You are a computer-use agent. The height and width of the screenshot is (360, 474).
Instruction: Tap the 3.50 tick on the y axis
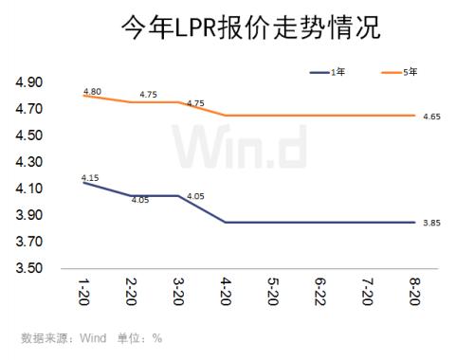[29, 269]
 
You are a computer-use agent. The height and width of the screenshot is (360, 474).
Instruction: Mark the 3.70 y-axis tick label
[29, 243]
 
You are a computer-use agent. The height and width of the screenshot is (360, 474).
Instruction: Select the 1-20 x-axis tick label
[83, 290]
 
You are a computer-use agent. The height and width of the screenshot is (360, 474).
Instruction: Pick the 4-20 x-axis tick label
[225, 290]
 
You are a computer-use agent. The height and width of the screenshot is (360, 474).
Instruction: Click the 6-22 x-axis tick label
[319, 290]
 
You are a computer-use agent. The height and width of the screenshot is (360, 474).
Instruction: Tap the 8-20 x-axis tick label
[414, 290]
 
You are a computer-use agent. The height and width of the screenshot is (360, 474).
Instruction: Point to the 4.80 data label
[92, 90]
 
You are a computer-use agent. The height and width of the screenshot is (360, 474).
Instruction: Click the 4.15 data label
[91, 176]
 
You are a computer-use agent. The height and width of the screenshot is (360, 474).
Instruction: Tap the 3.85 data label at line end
[431, 224]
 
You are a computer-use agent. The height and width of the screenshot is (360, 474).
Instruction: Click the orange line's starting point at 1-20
[83, 95]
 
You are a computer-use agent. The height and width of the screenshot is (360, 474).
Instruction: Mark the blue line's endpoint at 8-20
[414, 223]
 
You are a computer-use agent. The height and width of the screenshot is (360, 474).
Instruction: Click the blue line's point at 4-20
[225, 223]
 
